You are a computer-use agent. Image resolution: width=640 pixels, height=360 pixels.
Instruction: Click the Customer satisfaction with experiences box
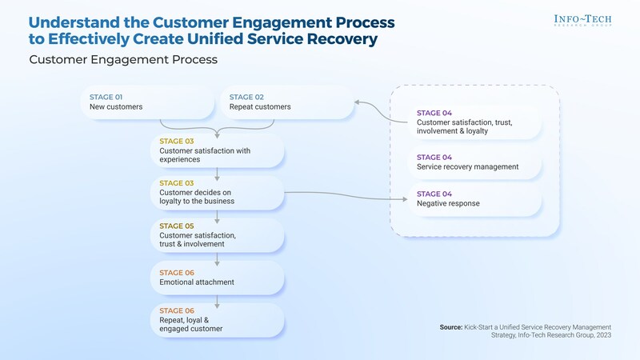pyautogui.click(x=216, y=150)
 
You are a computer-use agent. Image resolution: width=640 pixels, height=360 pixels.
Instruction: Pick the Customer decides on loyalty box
pyautogui.click(x=216, y=193)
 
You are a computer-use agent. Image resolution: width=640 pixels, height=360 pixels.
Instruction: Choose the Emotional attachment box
pyautogui.click(x=216, y=278)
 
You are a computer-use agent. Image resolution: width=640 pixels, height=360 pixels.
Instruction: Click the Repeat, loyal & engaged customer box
pyautogui.click(x=216, y=320)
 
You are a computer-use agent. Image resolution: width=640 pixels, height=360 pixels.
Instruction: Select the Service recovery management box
pyautogui.click(x=475, y=162)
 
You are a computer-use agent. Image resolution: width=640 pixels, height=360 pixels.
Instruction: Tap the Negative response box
pyautogui.click(x=475, y=199)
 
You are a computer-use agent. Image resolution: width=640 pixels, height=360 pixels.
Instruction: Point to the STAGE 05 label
pyautogui.click(x=176, y=226)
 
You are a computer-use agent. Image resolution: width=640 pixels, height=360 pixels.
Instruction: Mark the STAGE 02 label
pyautogui.click(x=246, y=97)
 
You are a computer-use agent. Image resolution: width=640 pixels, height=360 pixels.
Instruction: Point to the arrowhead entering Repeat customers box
pyautogui.click(x=357, y=102)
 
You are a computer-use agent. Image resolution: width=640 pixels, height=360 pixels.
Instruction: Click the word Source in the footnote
pyautogui.click(x=451, y=327)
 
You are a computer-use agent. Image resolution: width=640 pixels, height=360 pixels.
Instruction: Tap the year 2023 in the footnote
pyautogui.click(x=602, y=337)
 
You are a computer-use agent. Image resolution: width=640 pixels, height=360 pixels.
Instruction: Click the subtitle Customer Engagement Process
pyautogui.click(x=123, y=60)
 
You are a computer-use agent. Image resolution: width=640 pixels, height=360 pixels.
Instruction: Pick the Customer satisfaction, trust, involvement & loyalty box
pyautogui.click(x=475, y=122)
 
